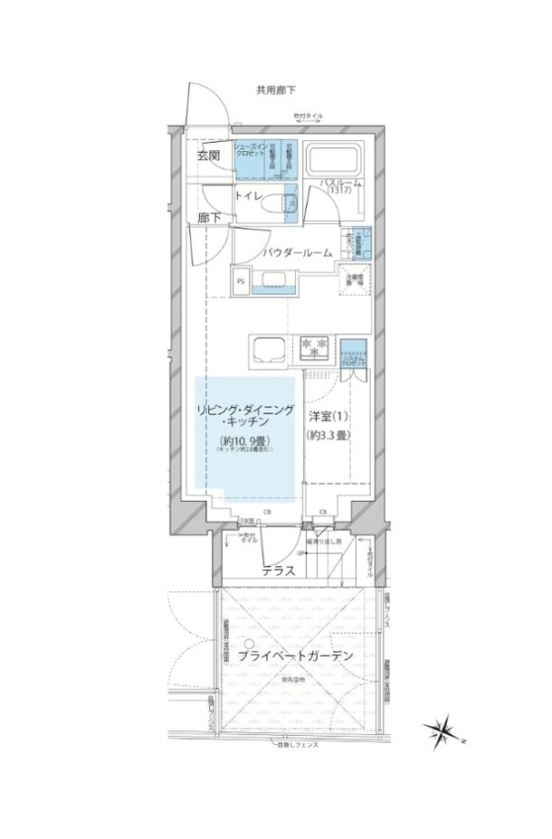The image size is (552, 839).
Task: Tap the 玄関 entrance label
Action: click(x=207, y=156)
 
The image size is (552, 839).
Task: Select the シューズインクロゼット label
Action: click(x=251, y=150)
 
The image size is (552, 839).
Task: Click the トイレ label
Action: click(x=249, y=194)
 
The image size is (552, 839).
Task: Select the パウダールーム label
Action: click(x=290, y=254)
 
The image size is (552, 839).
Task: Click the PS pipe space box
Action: click(x=241, y=281)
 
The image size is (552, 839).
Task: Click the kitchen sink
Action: click(x=270, y=347)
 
